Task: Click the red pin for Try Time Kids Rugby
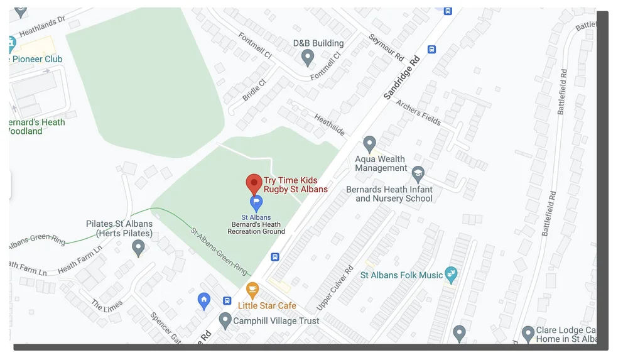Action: (x=253, y=184)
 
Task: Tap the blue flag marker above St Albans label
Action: (x=256, y=202)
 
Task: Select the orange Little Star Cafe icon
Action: (x=252, y=290)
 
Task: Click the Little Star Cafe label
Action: (x=267, y=306)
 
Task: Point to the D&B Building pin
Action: (x=308, y=58)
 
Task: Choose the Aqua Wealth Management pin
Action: (x=370, y=144)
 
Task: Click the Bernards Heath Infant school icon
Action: (x=418, y=173)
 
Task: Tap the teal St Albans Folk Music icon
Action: (x=451, y=274)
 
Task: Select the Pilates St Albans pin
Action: (x=139, y=248)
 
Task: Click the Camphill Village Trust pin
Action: (x=225, y=320)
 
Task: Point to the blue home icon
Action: (x=203, y=300)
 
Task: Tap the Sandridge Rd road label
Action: (x=402, y=78)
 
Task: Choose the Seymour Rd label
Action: (x=386, y=47)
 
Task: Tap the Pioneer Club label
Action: (x=38, y=59)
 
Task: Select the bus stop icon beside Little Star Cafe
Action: (x=227, y=300)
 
